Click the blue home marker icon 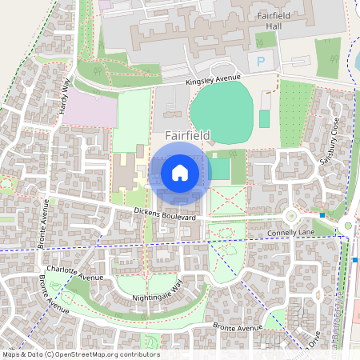tap(180, 172)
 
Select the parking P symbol tap(260, 61)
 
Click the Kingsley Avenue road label tap(212, 78)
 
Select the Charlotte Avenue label tap(75, 274)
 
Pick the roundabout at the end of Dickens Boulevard tap(290, 215)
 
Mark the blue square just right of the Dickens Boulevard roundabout tap(322, 214)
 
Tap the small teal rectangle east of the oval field tap(264, 118)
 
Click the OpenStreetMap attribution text tap(80, 354)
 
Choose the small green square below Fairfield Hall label tap(265, 39)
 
